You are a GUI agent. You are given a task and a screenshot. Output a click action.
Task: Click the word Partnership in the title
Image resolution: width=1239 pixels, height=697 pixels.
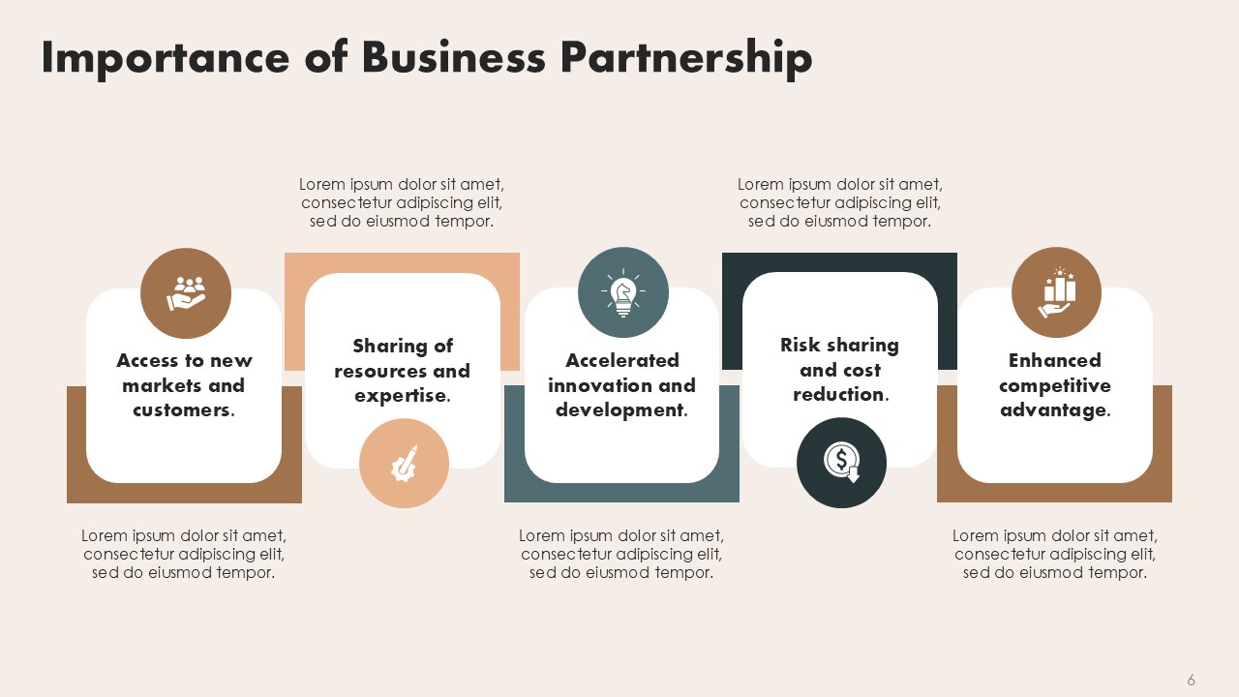coord(686,59)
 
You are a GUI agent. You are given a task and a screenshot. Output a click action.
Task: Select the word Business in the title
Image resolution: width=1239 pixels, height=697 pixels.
coord(454,56)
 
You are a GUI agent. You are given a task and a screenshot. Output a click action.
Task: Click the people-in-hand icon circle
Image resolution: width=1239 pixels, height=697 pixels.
coord(186,293)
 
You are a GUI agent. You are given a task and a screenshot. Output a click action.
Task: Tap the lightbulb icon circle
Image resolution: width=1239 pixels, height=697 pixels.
coord(623,292)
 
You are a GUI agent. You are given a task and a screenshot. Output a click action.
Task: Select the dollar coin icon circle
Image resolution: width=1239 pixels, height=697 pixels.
coord(841,463)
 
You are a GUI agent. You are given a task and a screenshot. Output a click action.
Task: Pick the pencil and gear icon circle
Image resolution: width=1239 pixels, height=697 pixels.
coord(404,463)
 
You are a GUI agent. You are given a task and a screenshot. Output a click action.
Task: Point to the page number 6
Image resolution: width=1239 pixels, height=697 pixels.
coord(1191,680)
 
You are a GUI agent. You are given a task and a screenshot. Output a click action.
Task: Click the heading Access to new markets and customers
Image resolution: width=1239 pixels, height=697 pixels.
coord(184,385)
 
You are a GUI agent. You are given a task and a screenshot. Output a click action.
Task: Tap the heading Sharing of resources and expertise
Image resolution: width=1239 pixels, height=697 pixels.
coord(402,370)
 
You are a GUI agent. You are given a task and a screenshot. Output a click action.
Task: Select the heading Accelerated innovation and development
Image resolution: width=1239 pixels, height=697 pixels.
coord(621,385)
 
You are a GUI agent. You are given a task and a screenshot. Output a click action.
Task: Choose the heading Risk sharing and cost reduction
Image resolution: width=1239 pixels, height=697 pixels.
coord(839,369)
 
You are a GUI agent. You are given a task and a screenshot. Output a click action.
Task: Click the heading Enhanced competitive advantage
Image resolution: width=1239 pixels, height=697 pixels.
coord(1055,385)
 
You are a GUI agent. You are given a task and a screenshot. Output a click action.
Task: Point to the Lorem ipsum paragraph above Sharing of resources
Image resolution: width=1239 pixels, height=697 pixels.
coord(402,202)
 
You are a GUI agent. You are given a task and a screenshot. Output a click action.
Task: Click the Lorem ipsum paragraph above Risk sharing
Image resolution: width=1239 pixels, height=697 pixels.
coord(839,202)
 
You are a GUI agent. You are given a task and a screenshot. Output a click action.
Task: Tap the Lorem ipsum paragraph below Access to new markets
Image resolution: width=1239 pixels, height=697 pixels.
coord(184,554)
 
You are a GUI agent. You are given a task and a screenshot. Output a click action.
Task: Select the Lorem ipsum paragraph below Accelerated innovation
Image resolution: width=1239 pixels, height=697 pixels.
coord(621,554)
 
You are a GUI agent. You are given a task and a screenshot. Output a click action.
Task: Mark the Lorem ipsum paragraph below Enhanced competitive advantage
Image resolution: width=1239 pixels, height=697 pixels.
coord(1055,554)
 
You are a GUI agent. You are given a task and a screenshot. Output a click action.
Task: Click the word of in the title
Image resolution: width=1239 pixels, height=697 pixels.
coord(326,56)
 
